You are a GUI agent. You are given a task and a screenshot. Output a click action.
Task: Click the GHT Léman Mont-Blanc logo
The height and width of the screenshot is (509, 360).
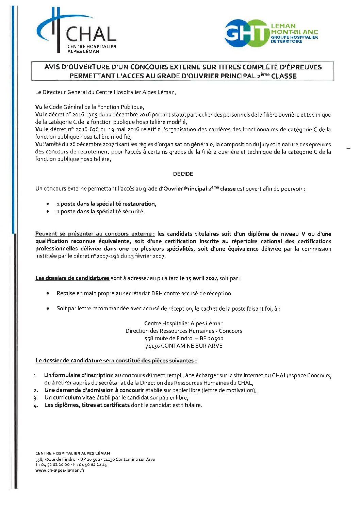coord(271,33)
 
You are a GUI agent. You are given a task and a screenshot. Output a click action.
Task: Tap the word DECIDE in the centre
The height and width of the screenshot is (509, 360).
coord(183,174)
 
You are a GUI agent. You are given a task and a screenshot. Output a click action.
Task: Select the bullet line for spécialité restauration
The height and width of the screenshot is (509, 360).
coord(106,204)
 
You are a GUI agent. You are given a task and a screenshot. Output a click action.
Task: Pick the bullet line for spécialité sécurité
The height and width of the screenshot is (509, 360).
coord(100,211)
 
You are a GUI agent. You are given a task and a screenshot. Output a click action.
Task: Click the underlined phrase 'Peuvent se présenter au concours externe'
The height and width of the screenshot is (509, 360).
coord(95,234)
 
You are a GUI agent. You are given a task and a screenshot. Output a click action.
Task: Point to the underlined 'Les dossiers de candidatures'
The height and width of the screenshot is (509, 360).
coord(72,278)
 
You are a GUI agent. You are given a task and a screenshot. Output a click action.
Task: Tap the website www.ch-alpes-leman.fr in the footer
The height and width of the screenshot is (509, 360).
coord(60,470)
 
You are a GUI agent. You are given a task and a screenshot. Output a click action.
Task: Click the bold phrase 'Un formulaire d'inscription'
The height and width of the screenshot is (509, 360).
coord(79,375)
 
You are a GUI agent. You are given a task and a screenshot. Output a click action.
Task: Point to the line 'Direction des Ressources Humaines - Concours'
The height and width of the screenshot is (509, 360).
coord(184,331)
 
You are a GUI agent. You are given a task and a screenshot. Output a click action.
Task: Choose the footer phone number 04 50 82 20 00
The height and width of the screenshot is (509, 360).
coord(55,464)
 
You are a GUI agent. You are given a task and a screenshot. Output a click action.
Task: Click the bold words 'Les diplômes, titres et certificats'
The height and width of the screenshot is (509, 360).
coord(87,405)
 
